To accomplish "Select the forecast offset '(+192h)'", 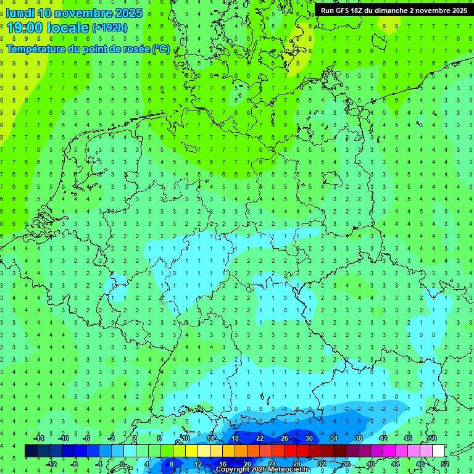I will [x=110, y=28].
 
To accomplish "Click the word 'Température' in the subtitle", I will [x=35, y=49].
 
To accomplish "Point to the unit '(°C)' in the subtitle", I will [x=160, y=49].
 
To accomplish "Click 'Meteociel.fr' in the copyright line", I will [x=288, y=470].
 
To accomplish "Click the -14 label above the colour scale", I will [x=38, y=438].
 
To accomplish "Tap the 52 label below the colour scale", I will [x=445, y=464].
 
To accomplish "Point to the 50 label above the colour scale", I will [x=432, y=438].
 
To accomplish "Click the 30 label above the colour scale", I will [x=309, y=438].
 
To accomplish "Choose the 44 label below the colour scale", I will [x=396, y=464].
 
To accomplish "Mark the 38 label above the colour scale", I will [x=358, y=438].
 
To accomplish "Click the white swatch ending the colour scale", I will [x=438, y=451].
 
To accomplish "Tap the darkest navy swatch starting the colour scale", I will [x=31, y=451].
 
